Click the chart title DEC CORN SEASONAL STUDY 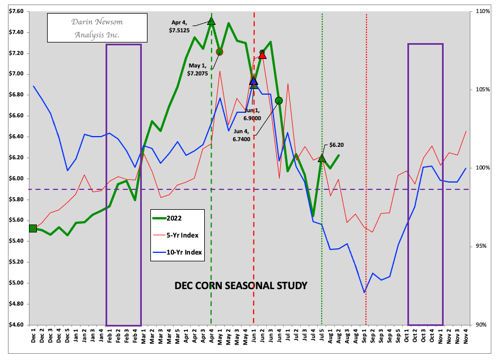(241, 285)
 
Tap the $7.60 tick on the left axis (15, 11)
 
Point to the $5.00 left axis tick (15, 283)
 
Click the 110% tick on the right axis (483, 11)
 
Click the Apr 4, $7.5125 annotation (182, 27)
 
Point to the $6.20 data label (336, 145)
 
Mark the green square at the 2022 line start (33, 228)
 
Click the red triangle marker (262, 55)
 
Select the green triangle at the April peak (212, 21)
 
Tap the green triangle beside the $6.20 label (322, 158)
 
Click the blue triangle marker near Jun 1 (254, 81)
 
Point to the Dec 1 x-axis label (33, 338)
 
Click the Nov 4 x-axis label (465, 338)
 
